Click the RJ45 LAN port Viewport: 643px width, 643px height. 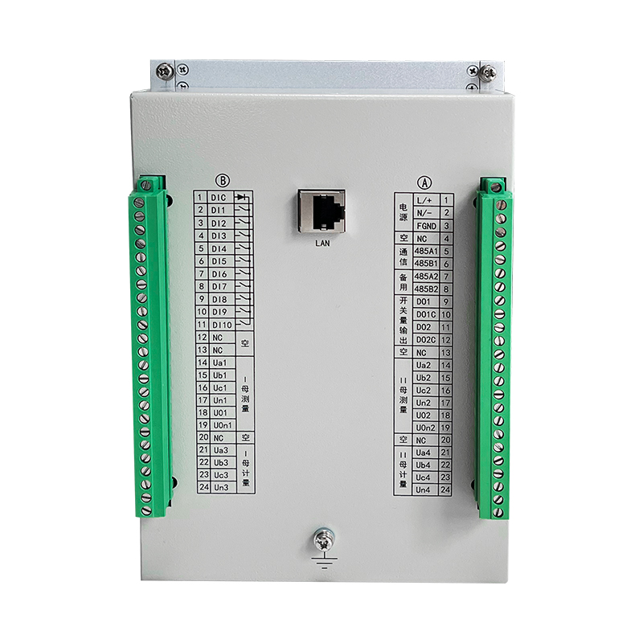321,211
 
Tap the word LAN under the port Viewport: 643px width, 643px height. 322,244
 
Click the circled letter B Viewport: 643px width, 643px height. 223,180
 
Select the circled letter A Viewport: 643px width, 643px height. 424,182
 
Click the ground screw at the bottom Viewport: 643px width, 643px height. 324,539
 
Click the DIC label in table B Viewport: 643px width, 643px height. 219,198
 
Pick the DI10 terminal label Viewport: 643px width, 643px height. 223,325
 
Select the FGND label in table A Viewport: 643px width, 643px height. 427,226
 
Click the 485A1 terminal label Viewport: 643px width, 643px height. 426,251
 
